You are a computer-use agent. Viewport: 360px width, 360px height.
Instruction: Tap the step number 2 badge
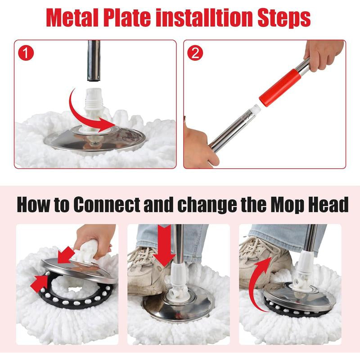click(x=196, y=54)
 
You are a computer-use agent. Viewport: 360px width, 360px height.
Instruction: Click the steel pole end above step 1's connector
click(x=94, y=61)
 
